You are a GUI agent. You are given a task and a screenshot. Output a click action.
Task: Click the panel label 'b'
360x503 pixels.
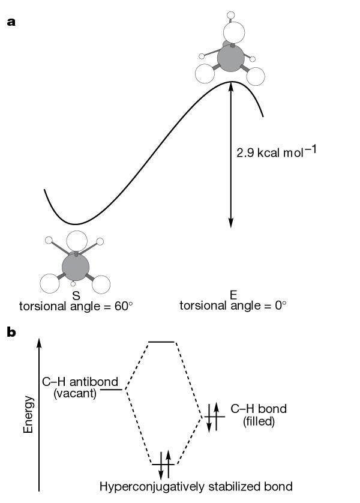click(x=11, y=330)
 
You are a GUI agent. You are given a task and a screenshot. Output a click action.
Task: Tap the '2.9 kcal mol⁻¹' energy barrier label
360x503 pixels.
click(x=277, y=151)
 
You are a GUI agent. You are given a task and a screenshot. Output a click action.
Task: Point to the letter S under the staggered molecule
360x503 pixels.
click(x=76, y=295)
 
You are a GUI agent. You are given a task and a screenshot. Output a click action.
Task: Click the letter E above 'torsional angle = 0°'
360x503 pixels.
click(x=233, y=294)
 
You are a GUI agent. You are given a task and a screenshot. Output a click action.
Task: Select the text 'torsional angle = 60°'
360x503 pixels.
click(x=76, y=306)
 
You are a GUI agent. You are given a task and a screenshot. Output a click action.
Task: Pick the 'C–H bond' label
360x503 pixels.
click(x=259, y=409)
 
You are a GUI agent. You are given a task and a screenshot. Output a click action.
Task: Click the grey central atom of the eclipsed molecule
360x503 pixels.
click(x=230, y=59)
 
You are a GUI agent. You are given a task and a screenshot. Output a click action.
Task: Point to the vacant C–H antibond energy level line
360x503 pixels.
click(x=112, y=390)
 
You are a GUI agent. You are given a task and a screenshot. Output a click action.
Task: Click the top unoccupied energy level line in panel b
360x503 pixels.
click(x=161, y=342)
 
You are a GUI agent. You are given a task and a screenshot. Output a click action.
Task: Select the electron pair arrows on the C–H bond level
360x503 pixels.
click(x=213, y=415)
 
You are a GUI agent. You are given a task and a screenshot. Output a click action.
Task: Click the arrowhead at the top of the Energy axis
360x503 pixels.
click(x=40, y=342)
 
